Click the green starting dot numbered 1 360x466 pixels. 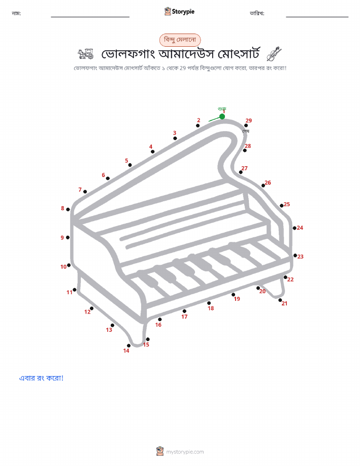(222, 116)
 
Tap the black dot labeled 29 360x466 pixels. (246, 126)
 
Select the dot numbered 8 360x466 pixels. (68, 209)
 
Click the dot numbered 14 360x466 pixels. (128, 346)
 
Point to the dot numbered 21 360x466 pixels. (280, 300)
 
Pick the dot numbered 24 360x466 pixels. (294, 228)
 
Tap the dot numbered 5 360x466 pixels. (130, 165)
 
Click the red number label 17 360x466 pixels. (184, 317)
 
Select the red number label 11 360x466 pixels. (70, 292)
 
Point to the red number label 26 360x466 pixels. (268, 183)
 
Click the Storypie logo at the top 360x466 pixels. (179, 12)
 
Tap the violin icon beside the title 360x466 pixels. (274, 54)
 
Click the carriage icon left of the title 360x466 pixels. (86, 54)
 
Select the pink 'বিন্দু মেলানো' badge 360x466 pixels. (180, 40)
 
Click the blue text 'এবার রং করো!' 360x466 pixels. (41, 378)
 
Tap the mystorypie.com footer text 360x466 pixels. (185, 452)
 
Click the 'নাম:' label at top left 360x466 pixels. (16, 13)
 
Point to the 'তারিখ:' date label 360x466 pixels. (257, 13)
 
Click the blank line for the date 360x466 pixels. (317, 17)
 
